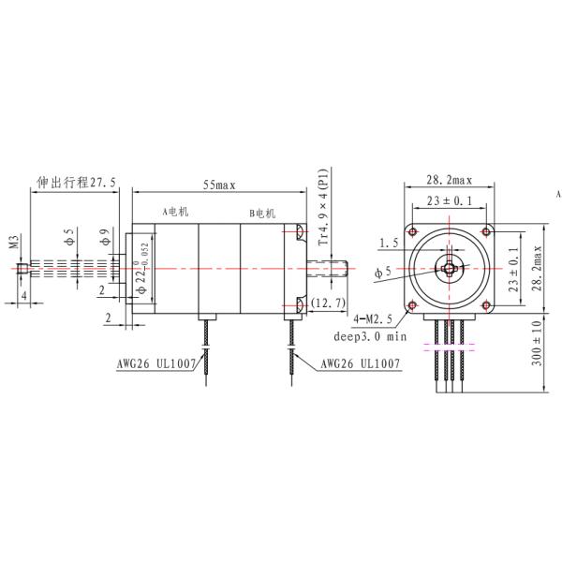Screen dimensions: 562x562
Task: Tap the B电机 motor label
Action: pyautogui.click(x=263, y=214)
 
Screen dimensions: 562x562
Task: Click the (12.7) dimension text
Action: pyautogui.click(x=329, y=303)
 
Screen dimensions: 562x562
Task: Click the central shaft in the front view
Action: pyautogui.click(x=448, y=268)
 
